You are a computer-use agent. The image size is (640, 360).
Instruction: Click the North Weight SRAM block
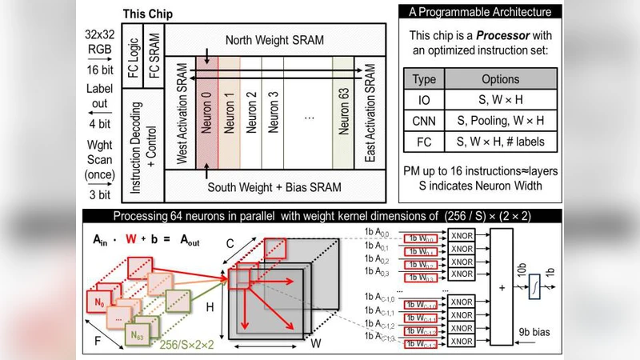(x=276, y=39)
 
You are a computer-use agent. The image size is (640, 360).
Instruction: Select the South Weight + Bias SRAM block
(x=276, y=188)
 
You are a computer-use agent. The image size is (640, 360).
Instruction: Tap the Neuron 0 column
(x=206, y=112)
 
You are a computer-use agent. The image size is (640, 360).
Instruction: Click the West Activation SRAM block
(x=181, y=112)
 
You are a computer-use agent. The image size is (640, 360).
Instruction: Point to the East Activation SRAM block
(x=369, y=112)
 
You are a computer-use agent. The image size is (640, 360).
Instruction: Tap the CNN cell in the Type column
(x=423, y=122)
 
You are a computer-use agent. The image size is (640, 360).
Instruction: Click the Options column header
(x=501, y=80)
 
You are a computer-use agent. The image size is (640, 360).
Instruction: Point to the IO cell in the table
(x=423, y=101)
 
